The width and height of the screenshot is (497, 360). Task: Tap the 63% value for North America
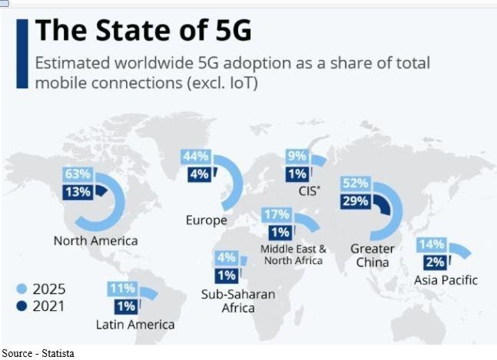(78, 173)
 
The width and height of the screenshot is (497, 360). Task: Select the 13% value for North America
(78, 191)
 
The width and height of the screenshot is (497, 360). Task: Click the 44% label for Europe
(195, 157)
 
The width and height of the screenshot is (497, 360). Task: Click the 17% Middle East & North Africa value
(276, 214)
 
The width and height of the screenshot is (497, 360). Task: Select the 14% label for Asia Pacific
(432, 245)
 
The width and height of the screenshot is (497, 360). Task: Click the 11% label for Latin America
(122, 289)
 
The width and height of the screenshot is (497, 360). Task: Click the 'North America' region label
(95, 241)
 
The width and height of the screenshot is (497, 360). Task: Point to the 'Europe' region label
(206, 221)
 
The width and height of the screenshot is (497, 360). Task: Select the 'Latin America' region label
(135, 325)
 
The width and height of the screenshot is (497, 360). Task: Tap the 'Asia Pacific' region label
(446, 280)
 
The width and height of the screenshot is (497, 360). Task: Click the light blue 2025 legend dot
(22, 289)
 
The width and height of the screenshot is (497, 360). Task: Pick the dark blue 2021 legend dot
(22, 306)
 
